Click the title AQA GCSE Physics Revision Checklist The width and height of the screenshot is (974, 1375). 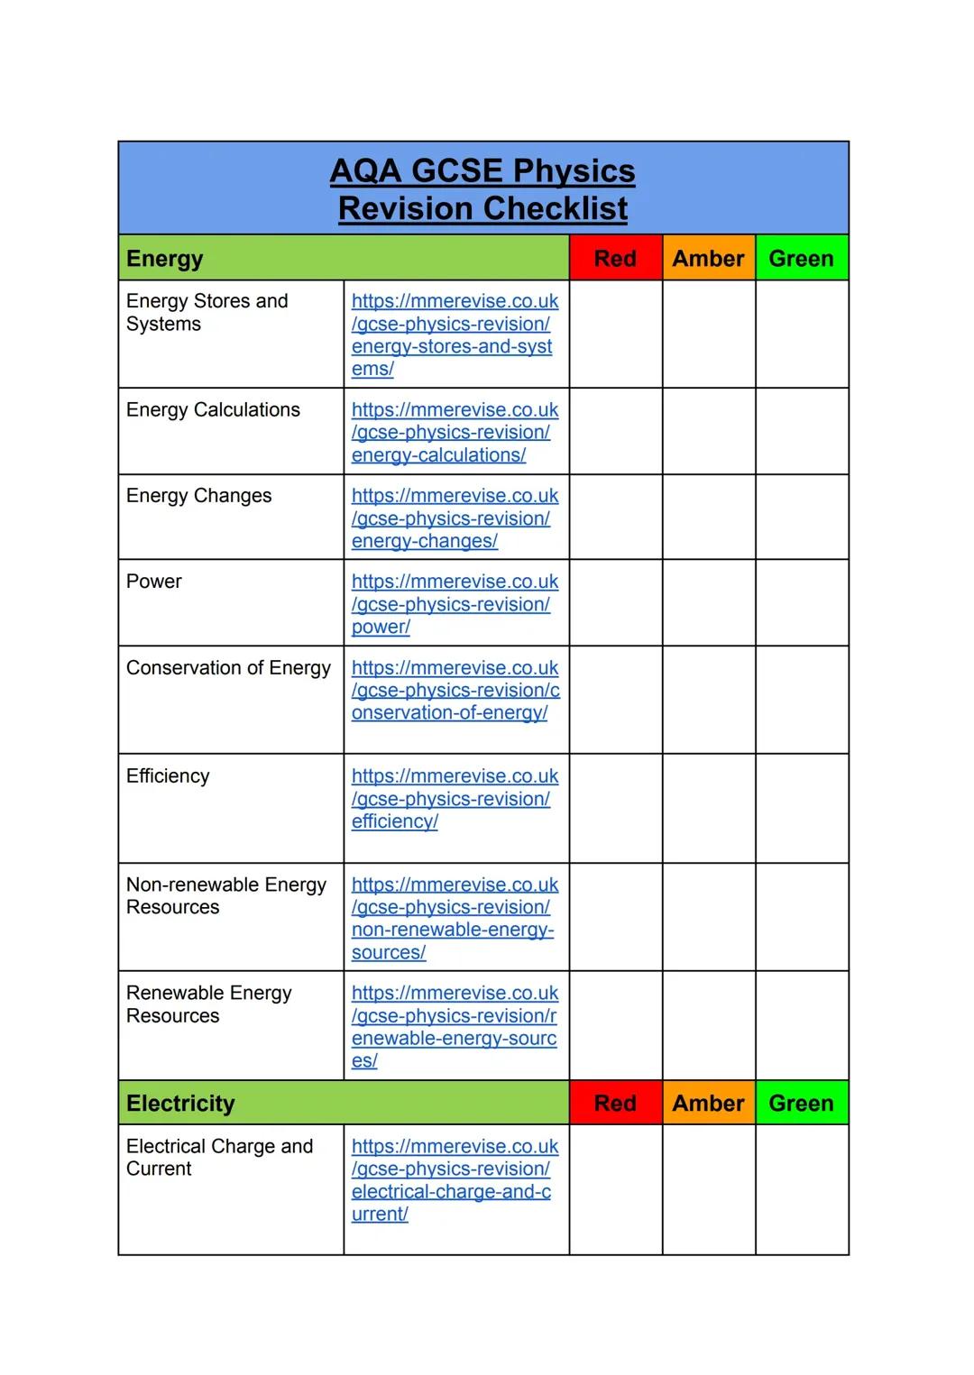tap(482, 189)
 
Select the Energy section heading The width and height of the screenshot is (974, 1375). tap(165, 259)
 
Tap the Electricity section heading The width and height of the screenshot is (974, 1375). tap(180, 1104)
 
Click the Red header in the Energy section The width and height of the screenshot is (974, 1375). tap(615, 259)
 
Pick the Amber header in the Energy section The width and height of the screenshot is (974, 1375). tap(708, 259)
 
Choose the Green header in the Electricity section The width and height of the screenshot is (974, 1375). tap(801, 1104)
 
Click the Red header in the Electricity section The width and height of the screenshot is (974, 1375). tap(615, 1104)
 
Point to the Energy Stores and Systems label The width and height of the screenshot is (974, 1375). tap(207, 313)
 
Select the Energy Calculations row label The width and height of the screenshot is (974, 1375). tap(213, 410)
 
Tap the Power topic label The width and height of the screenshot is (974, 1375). tap(154, 582)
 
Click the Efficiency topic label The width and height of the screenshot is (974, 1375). tap(168, 776)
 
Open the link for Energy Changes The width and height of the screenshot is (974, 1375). tap(454, 518)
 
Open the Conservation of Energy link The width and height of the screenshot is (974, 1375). tap(454, 691)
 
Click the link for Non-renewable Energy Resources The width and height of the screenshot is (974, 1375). tap(454, 919)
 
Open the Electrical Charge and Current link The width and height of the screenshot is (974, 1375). tap(454, 1180)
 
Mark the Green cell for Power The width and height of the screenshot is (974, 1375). tap(802, 602)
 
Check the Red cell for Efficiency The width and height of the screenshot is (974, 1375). tap(616, 808)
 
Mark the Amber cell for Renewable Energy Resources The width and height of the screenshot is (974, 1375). tap(709, 1025)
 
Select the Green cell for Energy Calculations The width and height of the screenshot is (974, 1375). tap(802, 431)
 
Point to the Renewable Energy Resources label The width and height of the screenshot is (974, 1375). tap(208, 1004)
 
